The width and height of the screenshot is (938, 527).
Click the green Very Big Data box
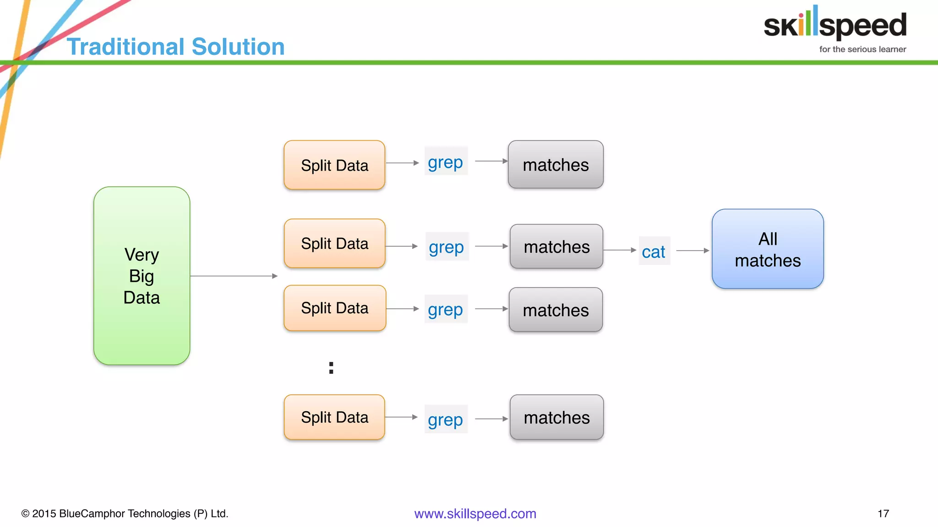pos(142,275)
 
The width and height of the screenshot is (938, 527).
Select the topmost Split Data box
pos(334,165)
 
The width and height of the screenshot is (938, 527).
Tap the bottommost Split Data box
pos(334,417)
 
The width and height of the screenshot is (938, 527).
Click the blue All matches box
pos(768,249)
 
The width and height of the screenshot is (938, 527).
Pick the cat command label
pos(654,251)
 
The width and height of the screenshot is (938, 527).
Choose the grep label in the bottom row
pos(446,419)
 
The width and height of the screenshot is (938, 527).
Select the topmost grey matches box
pos(556,165)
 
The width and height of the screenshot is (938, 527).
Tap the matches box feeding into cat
pos(556,247)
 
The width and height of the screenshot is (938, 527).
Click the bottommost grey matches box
pos(556,417)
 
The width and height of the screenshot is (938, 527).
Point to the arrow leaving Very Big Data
pos(234,276)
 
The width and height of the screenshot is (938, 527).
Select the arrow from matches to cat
pos(620,250)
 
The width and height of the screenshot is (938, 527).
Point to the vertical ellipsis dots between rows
pos(331,368)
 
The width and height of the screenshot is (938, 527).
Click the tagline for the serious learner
pos(862,49)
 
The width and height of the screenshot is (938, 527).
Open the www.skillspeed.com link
pos(475,514)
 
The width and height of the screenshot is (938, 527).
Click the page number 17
pos(883,514)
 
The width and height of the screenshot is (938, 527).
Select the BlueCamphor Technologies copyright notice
pos(125,514)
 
